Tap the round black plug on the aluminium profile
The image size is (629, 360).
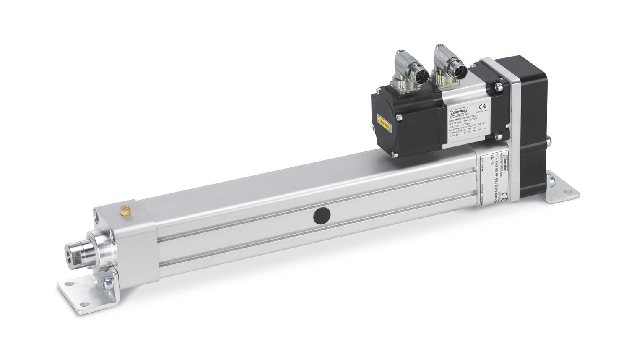pyautogui.click(x=322, y=216)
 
